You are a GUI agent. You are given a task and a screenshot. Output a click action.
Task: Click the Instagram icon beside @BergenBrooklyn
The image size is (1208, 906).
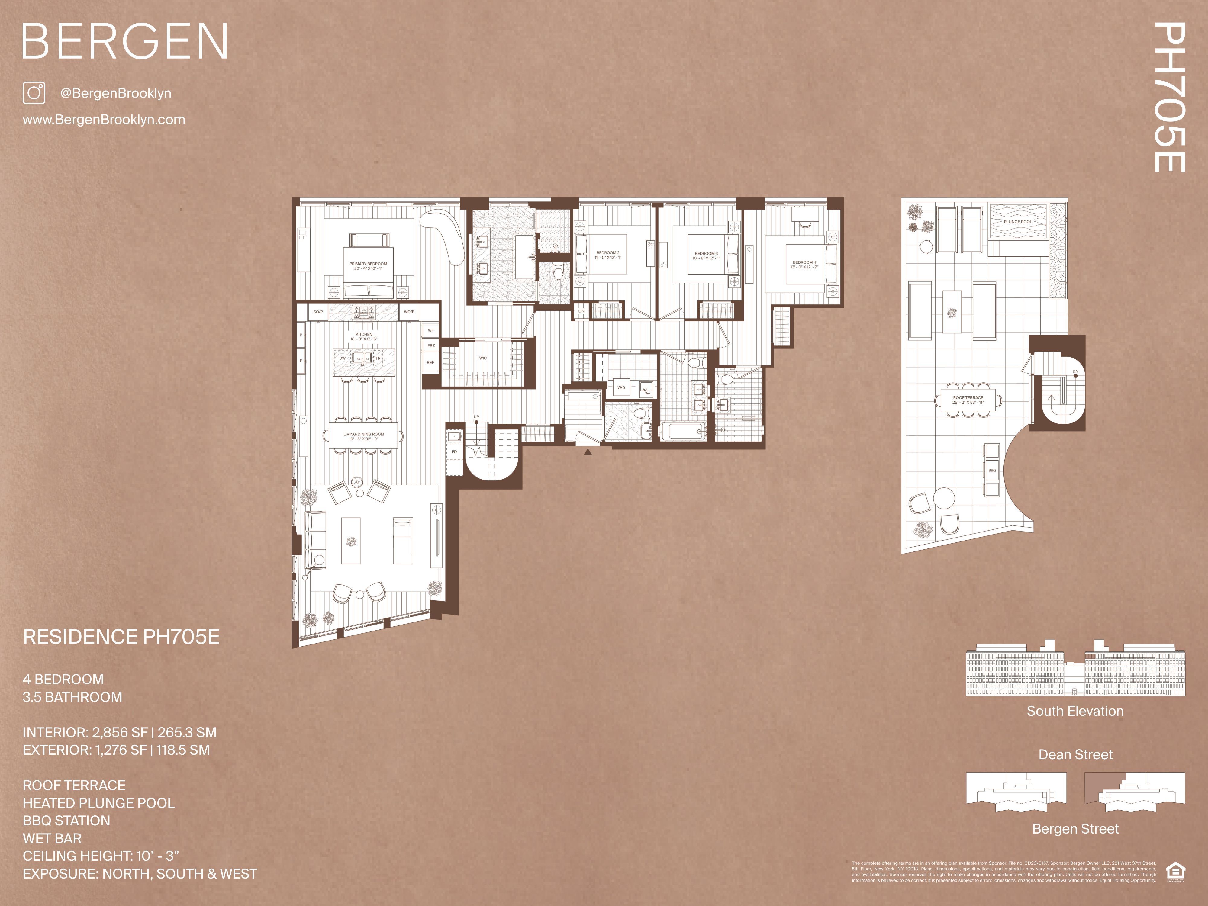(34, 93)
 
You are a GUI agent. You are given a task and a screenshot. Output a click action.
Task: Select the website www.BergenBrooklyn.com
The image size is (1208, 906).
(104, 120)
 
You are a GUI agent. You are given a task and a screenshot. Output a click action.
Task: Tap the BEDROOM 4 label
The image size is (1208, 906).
(804, 264)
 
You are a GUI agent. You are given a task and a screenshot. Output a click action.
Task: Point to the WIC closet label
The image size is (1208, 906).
(483, 358)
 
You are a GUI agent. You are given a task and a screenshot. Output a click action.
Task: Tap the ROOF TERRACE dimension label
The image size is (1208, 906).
(968, 400)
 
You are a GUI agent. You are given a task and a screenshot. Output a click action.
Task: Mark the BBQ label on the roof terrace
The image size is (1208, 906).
(992, 470)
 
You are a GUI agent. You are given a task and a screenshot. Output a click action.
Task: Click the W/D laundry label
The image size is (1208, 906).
(621, 388)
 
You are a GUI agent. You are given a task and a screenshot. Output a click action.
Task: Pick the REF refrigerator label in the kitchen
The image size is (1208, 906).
(430, 363)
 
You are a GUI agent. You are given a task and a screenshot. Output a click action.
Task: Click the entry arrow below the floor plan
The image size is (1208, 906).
(588, 452)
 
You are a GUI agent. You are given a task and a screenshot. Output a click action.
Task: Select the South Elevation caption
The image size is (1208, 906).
(1075, 711)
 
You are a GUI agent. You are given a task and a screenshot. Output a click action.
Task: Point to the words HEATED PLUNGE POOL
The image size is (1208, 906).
(99, 803)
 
